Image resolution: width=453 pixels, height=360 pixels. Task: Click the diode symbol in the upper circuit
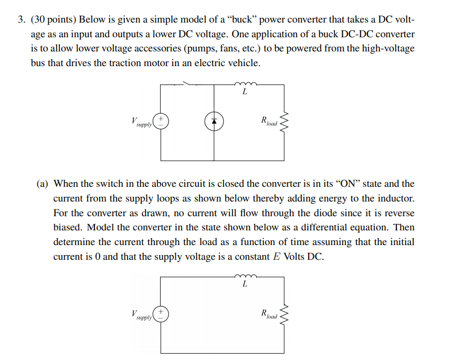[214, 122]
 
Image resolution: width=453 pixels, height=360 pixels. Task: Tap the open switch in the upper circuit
[191, 83]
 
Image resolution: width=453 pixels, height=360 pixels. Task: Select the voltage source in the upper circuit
[161, 122]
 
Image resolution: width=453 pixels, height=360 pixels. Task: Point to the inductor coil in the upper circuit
[245, 82]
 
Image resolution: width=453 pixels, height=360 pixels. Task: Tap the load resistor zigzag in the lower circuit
[285, 315]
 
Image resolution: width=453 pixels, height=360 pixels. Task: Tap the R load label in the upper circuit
[268, 122]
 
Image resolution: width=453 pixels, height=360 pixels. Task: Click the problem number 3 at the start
[21, 20]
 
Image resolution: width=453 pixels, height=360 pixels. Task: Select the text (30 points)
[51, 20]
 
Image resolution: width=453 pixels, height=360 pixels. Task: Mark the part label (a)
[43, 184]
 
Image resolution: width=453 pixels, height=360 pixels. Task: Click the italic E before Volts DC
[277, 258]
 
